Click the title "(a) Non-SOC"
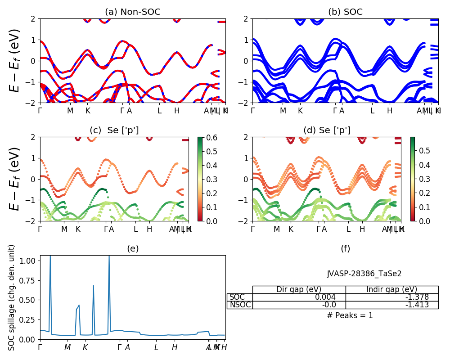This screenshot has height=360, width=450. click(132, 12)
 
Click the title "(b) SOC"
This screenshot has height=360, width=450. click(345, 12)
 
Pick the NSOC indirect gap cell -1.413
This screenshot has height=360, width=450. click(417, 305)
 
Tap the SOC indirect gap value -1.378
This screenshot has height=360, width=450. click(417, 297)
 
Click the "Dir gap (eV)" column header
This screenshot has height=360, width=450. click(299, 289)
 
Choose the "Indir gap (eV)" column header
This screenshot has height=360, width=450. click(392, 289)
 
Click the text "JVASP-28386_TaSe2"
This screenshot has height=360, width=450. click(364, 274)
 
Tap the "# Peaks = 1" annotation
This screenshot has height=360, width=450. click(350, 315)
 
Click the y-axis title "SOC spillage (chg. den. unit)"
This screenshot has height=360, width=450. click(12, 297)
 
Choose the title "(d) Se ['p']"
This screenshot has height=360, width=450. click(327, 130)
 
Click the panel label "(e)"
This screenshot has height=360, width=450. click(132, 248)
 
